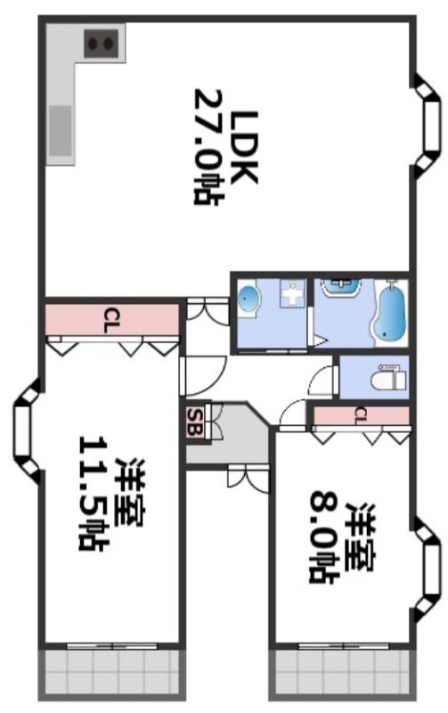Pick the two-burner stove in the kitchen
tap(101, 42)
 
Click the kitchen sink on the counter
tap(61, 130)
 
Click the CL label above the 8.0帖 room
tap(360, 414)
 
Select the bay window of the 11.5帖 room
tap(23, 432)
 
